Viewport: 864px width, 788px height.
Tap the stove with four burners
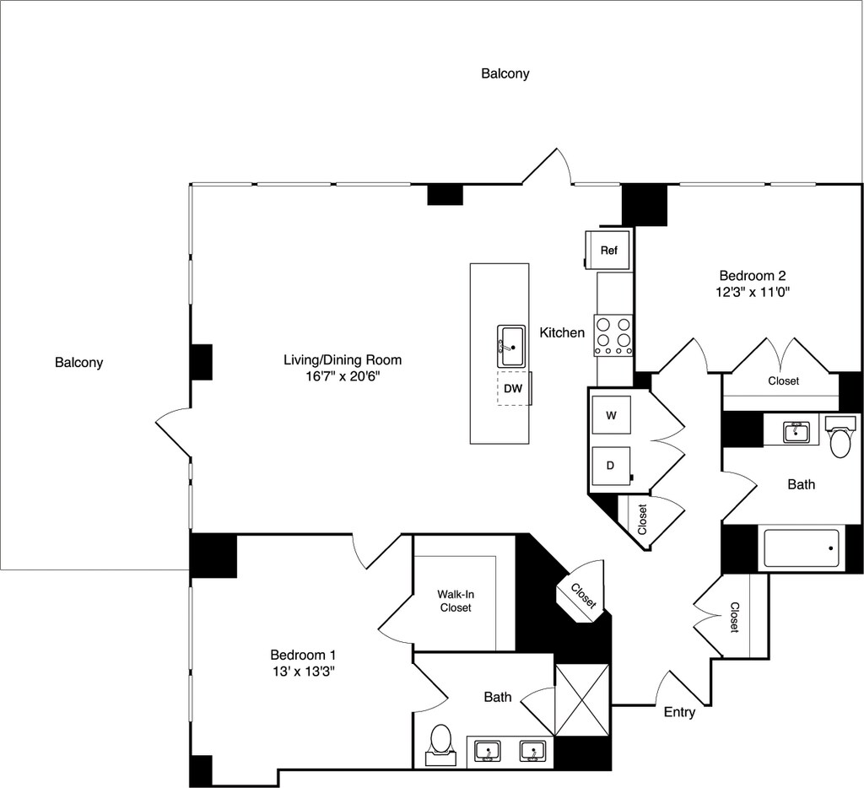[613, 334]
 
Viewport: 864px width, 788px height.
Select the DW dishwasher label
[513, 388]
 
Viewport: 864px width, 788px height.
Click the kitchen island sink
[512, 346]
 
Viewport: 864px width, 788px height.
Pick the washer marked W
[612, 415]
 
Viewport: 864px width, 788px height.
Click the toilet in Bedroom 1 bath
[440, 742]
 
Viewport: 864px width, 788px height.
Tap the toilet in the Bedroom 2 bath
[840, 440]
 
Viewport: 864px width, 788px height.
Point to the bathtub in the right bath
[802, 548]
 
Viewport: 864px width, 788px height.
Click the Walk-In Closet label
[455, 600]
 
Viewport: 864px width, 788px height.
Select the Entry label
[679, 712]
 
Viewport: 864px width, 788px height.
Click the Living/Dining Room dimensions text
[343, 376]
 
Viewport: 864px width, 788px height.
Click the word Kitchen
[562, 332]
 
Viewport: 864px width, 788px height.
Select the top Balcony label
[505, 73]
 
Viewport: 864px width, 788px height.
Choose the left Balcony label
[78, 363]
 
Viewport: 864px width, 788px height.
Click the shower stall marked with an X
[582, 699]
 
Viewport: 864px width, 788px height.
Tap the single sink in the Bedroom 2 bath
[796, 432]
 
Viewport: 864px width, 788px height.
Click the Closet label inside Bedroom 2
[783, 381]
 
